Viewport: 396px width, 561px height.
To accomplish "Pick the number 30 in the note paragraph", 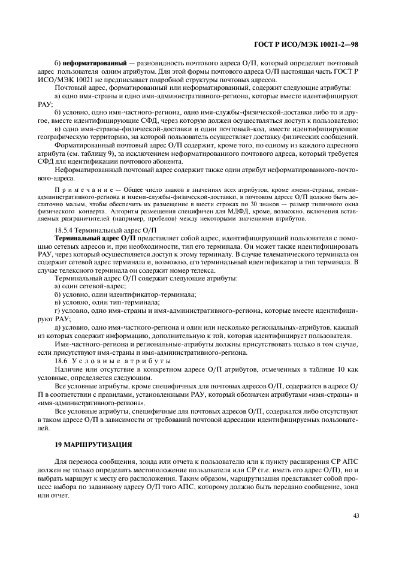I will [x=253, y=204].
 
